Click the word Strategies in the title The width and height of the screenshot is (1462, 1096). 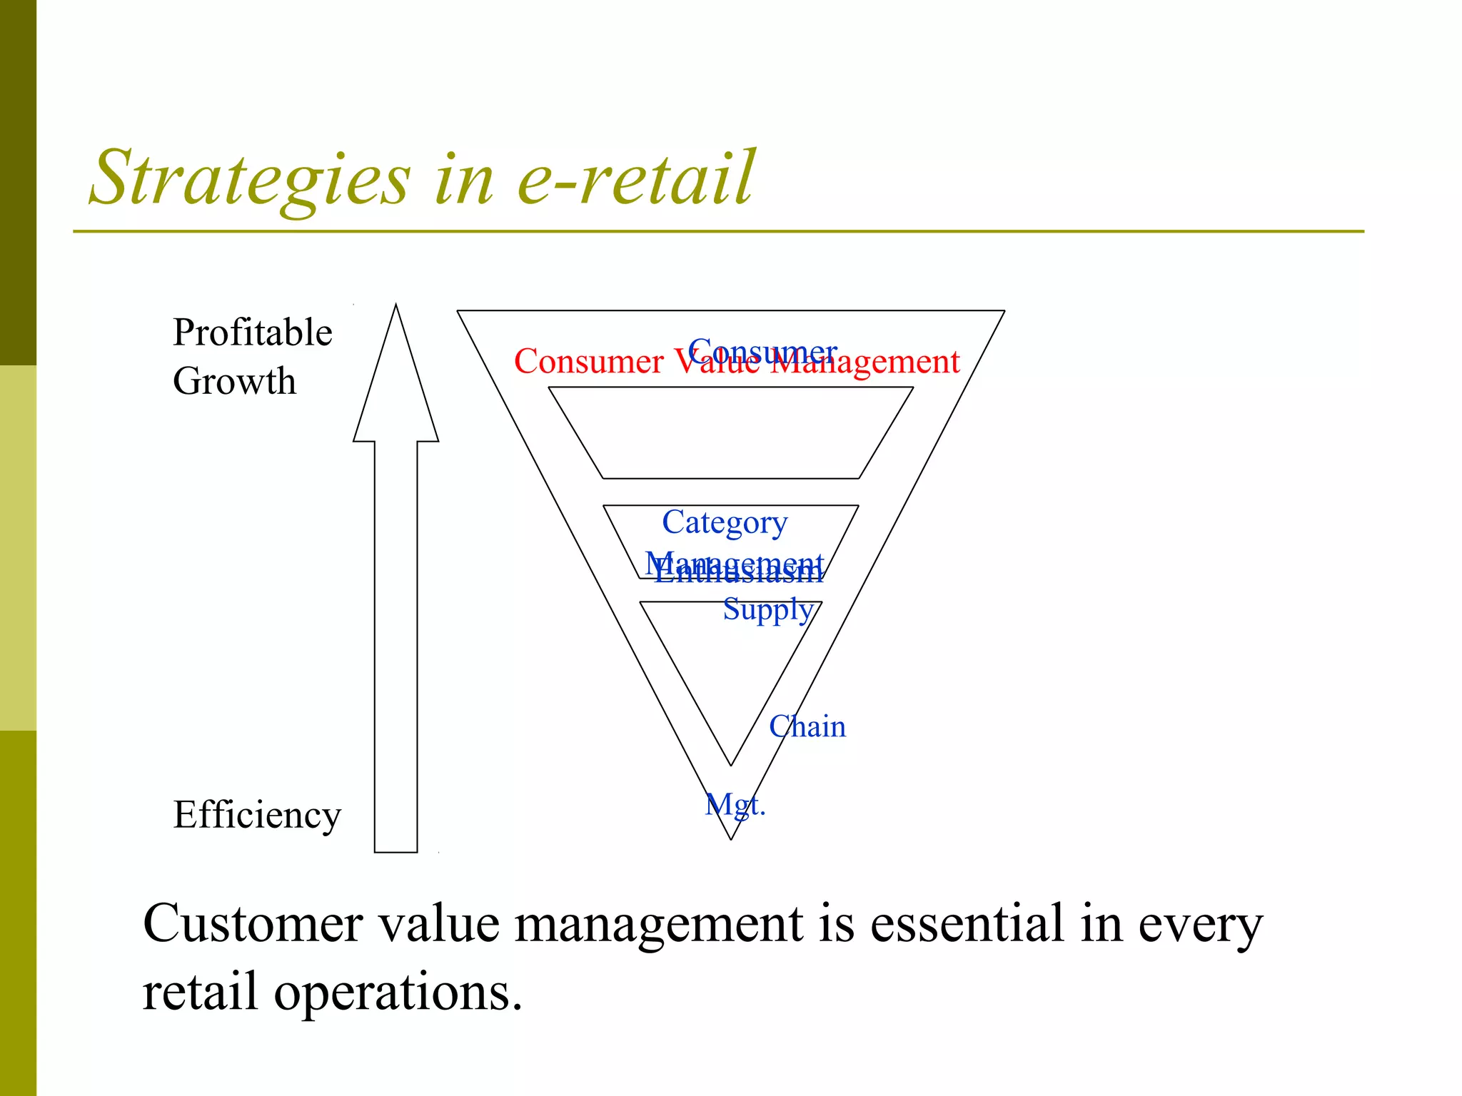click(250, 178)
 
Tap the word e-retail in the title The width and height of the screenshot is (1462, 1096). click(635, 178)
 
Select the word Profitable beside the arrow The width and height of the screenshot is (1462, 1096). click(252, 333)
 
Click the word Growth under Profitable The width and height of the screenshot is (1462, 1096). click(234, 381)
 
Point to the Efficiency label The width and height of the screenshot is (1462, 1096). click(257, 815)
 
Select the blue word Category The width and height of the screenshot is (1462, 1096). click(725, 522)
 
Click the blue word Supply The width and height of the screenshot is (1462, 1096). click(768, 609)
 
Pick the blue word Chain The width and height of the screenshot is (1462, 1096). click(807, 727)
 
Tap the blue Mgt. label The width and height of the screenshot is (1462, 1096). click(735, 805)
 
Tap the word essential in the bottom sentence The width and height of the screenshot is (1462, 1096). click(967, 924)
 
